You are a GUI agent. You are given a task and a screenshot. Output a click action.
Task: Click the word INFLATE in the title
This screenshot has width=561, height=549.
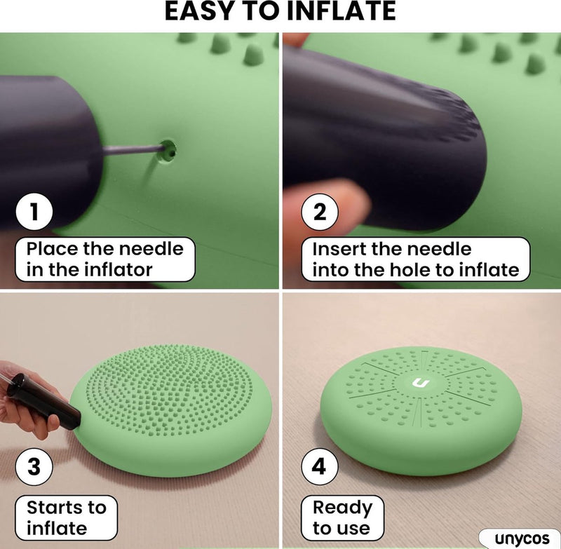point(341,11)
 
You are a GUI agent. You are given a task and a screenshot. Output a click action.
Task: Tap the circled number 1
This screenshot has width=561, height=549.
point(34,211)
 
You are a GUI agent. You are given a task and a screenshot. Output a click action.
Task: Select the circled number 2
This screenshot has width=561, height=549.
point(320,212)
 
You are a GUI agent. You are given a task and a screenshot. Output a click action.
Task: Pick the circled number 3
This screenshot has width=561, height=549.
point(34,466)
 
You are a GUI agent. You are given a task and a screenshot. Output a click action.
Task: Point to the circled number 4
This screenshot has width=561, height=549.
point(320,466)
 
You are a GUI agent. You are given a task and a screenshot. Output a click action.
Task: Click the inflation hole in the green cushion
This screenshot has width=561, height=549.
point(168,151)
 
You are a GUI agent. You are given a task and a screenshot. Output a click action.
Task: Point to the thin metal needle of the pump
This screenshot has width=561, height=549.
point(133,149)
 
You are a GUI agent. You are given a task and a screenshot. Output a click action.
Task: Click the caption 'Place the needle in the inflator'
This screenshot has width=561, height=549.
point(104,259)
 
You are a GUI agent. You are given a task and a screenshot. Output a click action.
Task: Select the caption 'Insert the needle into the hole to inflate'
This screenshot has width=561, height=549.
point(415,259)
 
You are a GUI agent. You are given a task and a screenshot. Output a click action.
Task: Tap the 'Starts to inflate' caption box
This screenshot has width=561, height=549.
point(66,517)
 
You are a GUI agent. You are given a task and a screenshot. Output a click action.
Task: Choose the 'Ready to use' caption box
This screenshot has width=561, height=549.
point(342,517)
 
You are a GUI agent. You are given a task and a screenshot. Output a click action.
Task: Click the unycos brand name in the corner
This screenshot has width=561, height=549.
point(522,538)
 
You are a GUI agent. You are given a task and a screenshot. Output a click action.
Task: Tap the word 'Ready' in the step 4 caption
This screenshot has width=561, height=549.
point(342,508)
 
